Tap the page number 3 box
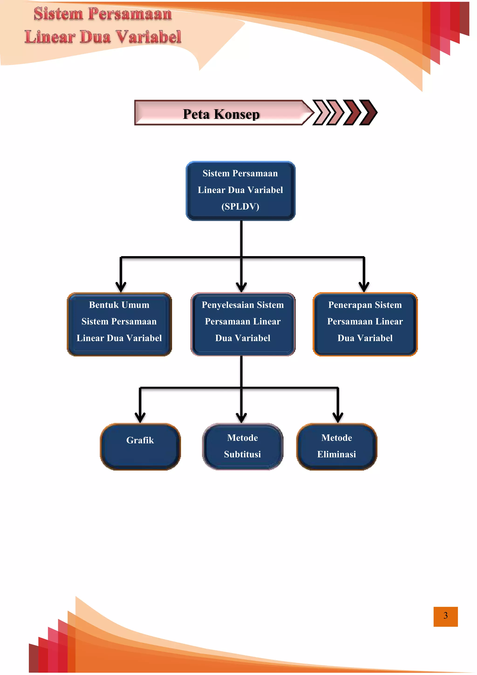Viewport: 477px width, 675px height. point(445,616)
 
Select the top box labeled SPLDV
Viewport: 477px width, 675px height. point(241,190)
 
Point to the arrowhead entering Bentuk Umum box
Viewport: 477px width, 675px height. point(121,287)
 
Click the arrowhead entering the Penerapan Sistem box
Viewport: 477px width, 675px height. point(364,287)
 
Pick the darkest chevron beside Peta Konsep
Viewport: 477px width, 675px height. point(369,113)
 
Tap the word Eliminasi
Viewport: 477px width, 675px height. point(337,454)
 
